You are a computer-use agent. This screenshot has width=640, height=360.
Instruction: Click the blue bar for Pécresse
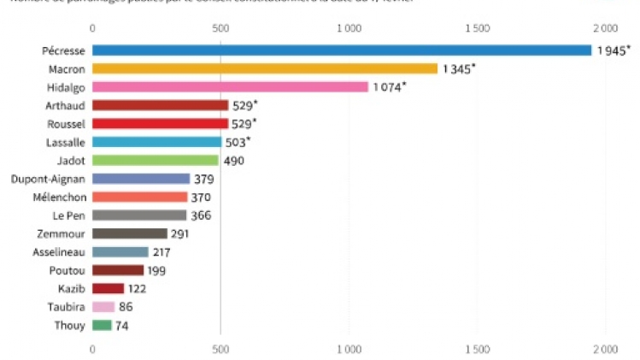pos(342,50)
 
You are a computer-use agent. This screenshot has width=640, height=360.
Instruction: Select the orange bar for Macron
pos(265,68)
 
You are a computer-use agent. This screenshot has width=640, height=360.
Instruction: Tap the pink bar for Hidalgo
pos(230,86)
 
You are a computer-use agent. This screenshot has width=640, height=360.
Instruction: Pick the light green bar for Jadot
pos(156,160)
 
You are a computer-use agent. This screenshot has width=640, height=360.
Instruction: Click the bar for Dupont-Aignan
pos(141,179)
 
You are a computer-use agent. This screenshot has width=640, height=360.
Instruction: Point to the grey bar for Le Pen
pos(139,215)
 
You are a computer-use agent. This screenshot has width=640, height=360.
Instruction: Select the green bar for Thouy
pos(102,325)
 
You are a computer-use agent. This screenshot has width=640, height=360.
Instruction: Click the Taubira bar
pos(103,307)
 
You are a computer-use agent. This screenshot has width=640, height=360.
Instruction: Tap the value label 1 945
pos(612,50)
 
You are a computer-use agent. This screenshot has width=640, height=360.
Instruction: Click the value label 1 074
pos(387,86)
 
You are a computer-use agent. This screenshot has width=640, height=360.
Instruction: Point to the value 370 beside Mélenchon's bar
pos(202,197)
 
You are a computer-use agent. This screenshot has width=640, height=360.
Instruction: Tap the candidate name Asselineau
pos(56,251)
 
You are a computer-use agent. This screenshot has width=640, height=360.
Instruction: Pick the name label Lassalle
pos(62,142)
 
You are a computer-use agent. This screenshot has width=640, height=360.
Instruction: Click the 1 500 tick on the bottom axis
pos(478,349)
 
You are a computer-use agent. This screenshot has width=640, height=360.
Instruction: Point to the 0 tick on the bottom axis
pos(92,349)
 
